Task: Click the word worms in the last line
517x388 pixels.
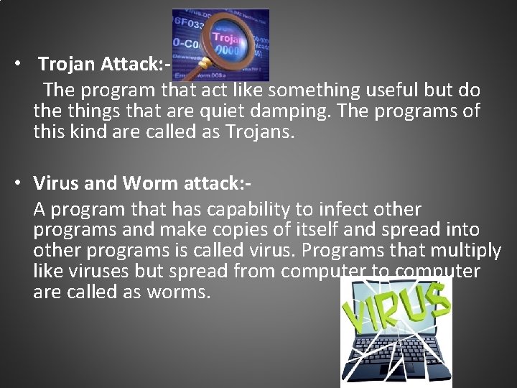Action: tap(182, 293)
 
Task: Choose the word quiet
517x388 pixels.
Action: tap(212, 112)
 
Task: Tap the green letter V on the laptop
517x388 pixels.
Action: tap(355, 315)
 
